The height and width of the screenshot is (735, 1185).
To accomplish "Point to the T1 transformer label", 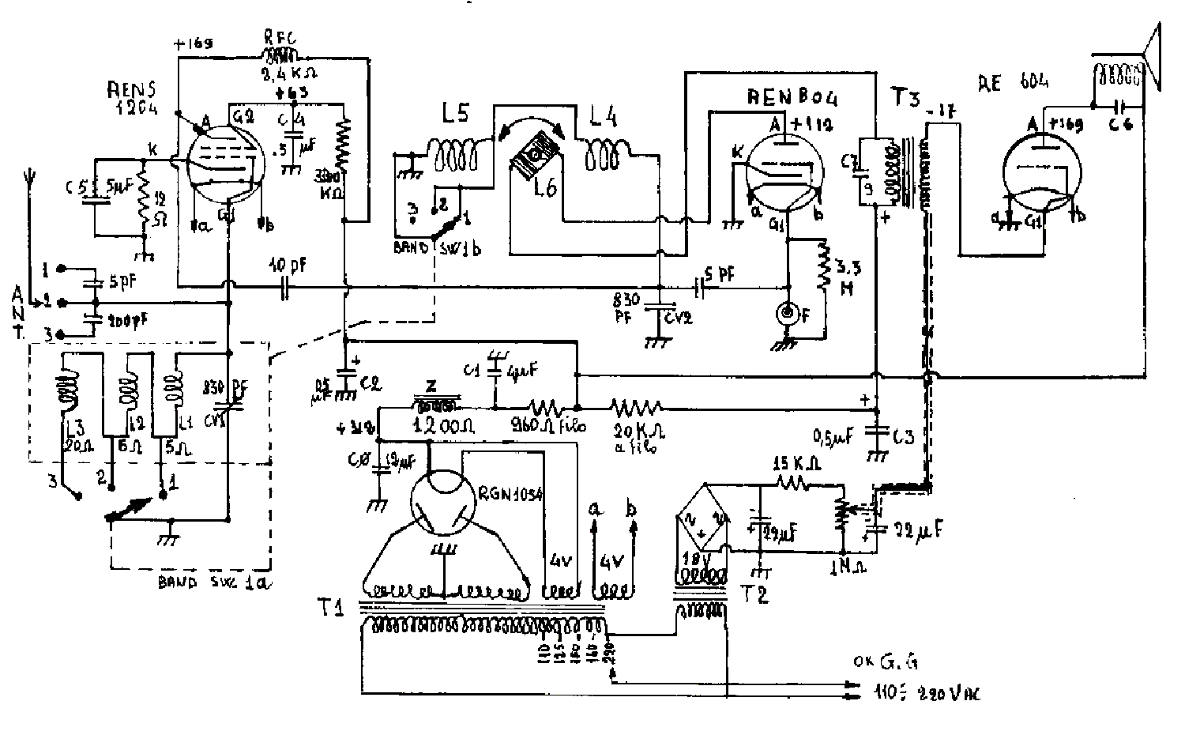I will [336, 609].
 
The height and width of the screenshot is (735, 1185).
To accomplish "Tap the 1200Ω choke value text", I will [443, 425].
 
